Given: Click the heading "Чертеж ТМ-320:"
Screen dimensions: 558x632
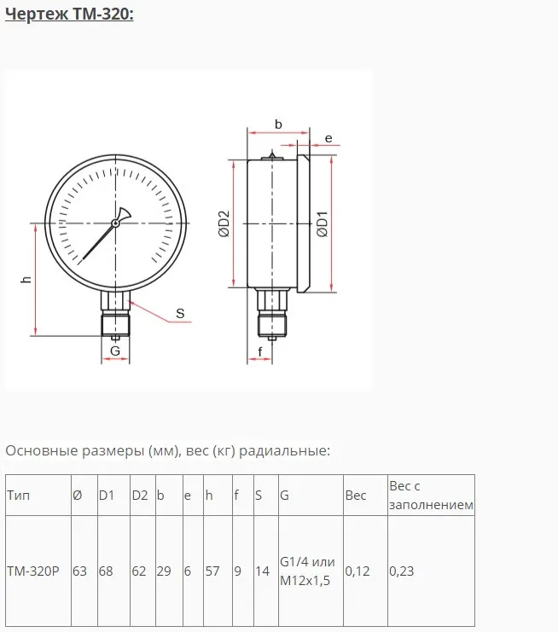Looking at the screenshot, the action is (x=69, y=14).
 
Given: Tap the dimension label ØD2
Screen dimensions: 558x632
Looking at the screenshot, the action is (x=224, y=223).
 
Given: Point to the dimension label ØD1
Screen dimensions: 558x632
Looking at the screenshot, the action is (x=323, y=224).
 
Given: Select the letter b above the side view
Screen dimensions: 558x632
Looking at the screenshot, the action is (x=278, y=125).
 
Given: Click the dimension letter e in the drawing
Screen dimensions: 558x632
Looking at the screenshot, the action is (x=328, y=139).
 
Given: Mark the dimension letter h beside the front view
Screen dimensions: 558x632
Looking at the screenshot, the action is (x=26, y=279).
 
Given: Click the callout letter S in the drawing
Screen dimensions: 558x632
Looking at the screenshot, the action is (x=180, y=313).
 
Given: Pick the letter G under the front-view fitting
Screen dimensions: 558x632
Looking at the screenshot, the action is (x=115, y=351).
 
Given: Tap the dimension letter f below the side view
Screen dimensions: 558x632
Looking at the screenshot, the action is (x=260, y=352).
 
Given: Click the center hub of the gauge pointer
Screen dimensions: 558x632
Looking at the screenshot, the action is (x=115, y=223).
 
